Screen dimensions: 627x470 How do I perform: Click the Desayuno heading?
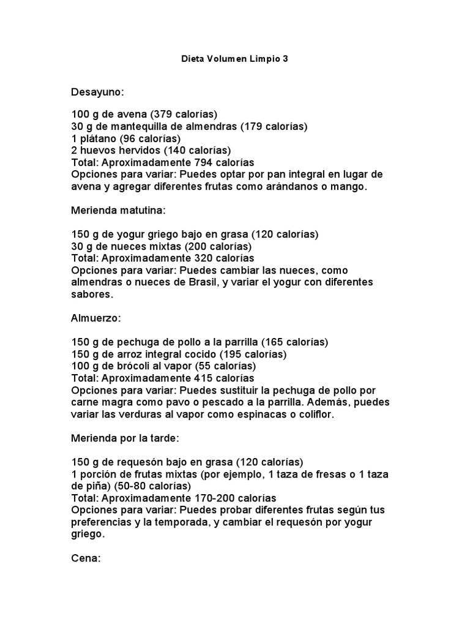[x=97, y=92]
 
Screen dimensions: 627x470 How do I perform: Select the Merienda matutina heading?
[x=119, y=211]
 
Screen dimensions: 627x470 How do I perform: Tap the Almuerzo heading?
[x=96, y=318]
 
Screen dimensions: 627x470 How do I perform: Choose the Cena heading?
[x=86, y=558]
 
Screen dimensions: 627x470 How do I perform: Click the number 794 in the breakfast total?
[x=206, y=163]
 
